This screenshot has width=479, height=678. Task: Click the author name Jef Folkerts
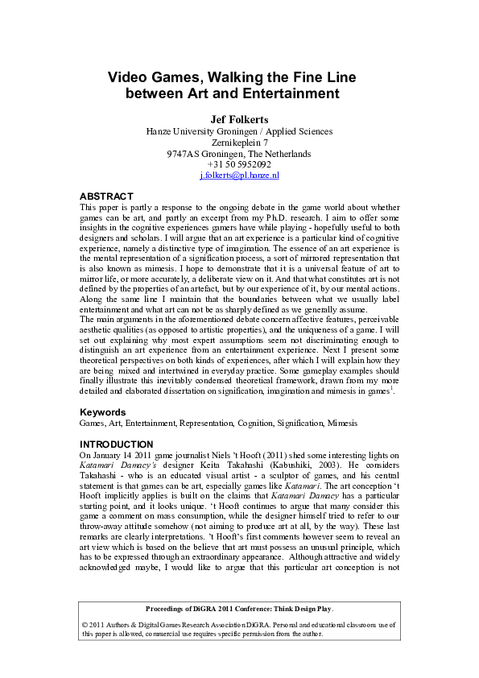[239, 119]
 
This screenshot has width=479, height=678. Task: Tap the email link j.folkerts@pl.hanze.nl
[239, 175]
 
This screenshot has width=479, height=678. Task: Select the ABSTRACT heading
[106, 196]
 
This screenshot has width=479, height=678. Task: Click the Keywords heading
[103, 411]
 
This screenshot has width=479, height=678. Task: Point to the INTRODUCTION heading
[116, 444]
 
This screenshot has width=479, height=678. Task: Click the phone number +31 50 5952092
[239, 164]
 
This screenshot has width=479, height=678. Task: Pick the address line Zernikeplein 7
[239, 142]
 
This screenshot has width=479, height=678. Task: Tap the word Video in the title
[127, 77]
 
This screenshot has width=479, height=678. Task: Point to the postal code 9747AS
[186, 153]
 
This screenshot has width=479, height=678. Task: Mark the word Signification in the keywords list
[297, 423]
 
